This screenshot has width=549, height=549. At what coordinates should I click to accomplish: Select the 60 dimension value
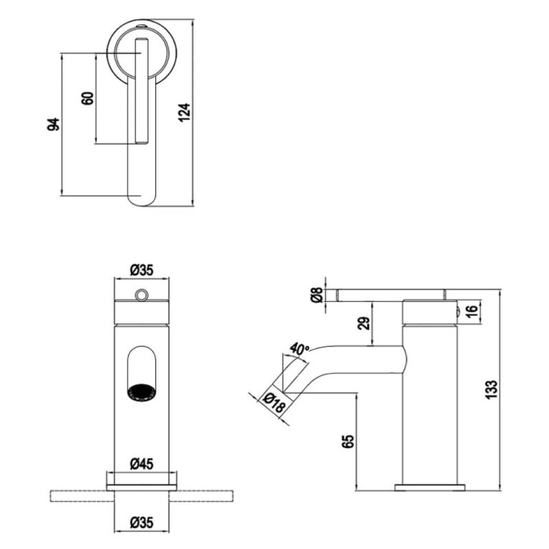pyautogui.click(x=87, y=97)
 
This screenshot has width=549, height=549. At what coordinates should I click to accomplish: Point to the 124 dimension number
pyautogui.click(x=184, y=112)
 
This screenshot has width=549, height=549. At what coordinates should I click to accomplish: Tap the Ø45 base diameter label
pyautogui.click(x=141, y=464)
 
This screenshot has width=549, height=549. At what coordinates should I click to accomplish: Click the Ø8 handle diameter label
pyautogui.click(x=316, y=295)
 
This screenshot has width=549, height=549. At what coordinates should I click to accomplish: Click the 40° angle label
pyautogui.click(x=299, y=349)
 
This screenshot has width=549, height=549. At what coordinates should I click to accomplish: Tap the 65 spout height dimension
pyautogui.click(x=347, y=441)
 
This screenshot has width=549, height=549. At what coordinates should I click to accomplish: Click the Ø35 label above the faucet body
pyautogui.click(x=141, y=270)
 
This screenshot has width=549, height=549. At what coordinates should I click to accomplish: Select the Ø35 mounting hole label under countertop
pyautogui.click(x=141, y=523)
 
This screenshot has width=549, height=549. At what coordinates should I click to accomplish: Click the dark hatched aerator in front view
pyautogui.click(x=141, y=392)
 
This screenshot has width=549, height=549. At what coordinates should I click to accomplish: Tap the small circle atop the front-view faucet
pyautogui.click(x=141, y=295)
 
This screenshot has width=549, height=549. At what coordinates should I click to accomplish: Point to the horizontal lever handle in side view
pyautogui.click(x=391, y=295)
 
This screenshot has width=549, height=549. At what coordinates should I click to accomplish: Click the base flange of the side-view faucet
pyautogui.click(x=430, y=487)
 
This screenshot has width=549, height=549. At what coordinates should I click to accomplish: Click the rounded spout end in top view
pyautogui.click(x=141, y=196)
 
